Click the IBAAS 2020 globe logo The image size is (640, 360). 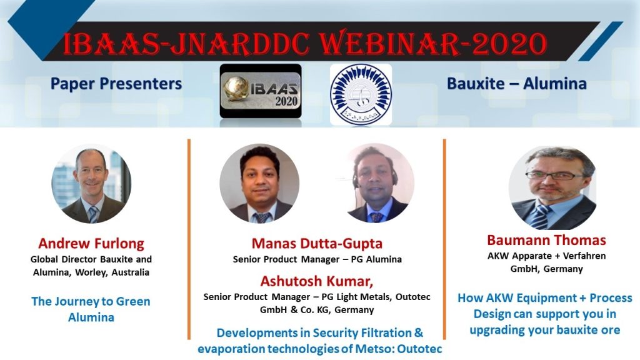tap(261, 91)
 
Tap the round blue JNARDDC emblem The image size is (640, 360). tap(361, 94)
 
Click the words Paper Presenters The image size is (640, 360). tap(116, 84)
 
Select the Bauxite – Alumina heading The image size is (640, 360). tap(517, 84)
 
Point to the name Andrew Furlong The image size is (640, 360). tap(91, 243)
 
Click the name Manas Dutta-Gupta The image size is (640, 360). tap(317, 243)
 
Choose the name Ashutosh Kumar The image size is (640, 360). tap(317, 281)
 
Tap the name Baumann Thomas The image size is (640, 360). tap(546, 240)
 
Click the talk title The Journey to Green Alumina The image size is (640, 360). tap(91, 309)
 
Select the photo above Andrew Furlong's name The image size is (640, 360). tap(91, 184)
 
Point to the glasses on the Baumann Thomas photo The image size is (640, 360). tap(554, 176)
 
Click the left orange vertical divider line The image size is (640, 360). tap(189, 239)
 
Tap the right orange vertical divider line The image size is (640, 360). tap(444, 239)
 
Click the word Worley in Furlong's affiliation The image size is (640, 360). tap(91, 272)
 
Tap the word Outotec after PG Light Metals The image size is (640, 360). tap(412, 297)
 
